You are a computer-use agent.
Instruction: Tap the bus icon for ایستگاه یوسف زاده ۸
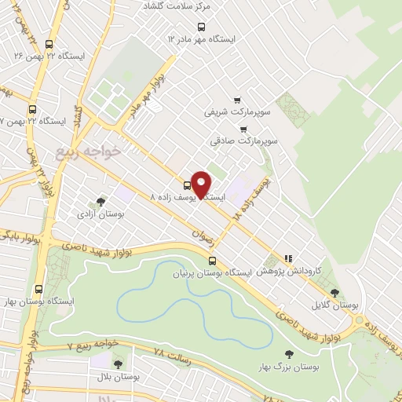click(x=186, y=186)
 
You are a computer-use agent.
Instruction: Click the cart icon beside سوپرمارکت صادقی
click(x=244, y=129)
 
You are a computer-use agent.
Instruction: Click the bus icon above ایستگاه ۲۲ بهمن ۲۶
click(x=49, y=46)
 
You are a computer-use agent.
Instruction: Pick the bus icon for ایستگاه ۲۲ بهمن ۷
click(x=32, y=110)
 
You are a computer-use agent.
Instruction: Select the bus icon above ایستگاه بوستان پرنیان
click(x=212, y=261)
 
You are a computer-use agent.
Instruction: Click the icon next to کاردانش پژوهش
click(x=289, y=257)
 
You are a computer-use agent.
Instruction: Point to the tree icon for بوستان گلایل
click(x=334, y=293)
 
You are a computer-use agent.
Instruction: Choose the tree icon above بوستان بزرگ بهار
click(x=288, y=354)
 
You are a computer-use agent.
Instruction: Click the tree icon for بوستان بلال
click(x=118, y=364)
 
